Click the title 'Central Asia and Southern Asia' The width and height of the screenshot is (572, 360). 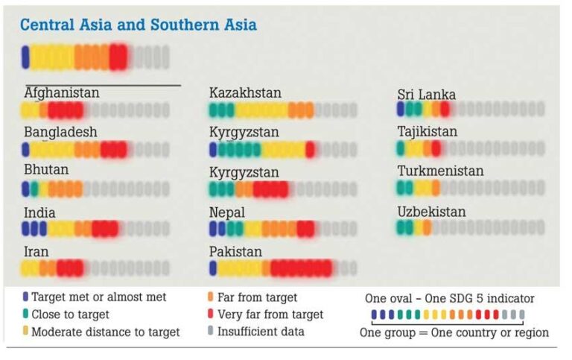(x=138, y=25)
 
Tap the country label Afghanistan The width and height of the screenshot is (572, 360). (x=61, y=93)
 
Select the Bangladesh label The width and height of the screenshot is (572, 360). (x=60, y=132)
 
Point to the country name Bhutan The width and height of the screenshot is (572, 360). (x=46, y=170)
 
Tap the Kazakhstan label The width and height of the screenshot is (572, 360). (x=245, y=93)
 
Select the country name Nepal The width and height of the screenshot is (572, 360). (x=226, y=212)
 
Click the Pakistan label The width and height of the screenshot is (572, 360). (x=235, y=252)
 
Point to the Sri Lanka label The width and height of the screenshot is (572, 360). (x=426, y=95)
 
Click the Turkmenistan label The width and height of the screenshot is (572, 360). (x=440, y=171)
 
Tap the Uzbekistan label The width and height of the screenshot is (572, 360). (x=431, y=212)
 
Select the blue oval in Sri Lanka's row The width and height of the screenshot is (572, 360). (x=401, y=110)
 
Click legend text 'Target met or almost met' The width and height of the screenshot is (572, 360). (x=98, y=297)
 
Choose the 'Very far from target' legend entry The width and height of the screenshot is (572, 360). (x=270, y=315)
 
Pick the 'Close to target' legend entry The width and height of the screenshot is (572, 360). (x=70, y=315)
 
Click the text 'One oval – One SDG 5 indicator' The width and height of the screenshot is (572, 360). (x=449, y=298)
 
